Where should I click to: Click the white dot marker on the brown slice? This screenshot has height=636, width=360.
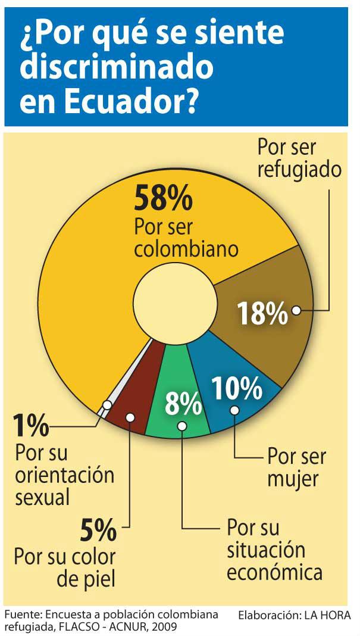click(x=296, y=310)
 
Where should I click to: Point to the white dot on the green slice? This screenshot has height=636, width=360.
click(x=182, y=426)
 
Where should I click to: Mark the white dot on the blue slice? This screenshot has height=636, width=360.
click(x=234, y=410)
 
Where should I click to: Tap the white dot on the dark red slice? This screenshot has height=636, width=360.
click(x=130, y=419)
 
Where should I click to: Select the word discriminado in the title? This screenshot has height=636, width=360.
click(x=116, y=68)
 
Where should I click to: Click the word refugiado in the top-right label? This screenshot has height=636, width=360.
click(x=299, y=169)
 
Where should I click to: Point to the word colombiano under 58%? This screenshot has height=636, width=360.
click(x=186, y=248)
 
